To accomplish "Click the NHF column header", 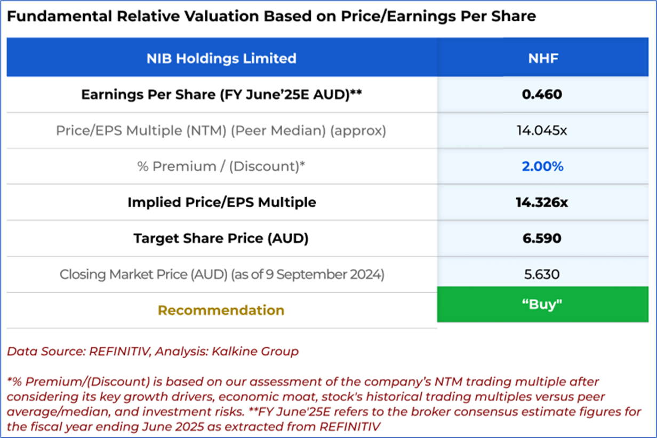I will pyautogui.click(x=543, y=58).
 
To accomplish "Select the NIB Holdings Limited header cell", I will pyautogui.click(x=221, y=58).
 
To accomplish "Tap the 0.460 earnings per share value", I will pyautogui.click(x=543, y=94).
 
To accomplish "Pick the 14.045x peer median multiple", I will pyautogui.click(x=543, y=130).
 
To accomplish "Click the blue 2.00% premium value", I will pyautogui.click(x=543, y=166).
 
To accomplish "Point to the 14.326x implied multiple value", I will pyautogui.click(x=543, y=202).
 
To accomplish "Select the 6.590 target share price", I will pyautogui.click(x=543, y=238).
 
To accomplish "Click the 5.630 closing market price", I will pyautogui.click(x=543, y=274).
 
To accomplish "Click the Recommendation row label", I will pyautogui.click(x=221, y=310).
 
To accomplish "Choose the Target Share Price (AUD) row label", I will pyautogui.click(x=221, y=238).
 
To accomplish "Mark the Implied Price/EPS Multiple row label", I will pyautogui.click(x=221, y=202).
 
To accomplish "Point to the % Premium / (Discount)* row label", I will pyautogui.click(x=221, y=166).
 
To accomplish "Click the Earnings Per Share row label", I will pyautogui.click(x=221, y=94).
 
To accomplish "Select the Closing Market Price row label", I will pyautogui.click(x=221, y=274).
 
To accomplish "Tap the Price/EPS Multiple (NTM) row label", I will pyautogui.click(x=221, y=130).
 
